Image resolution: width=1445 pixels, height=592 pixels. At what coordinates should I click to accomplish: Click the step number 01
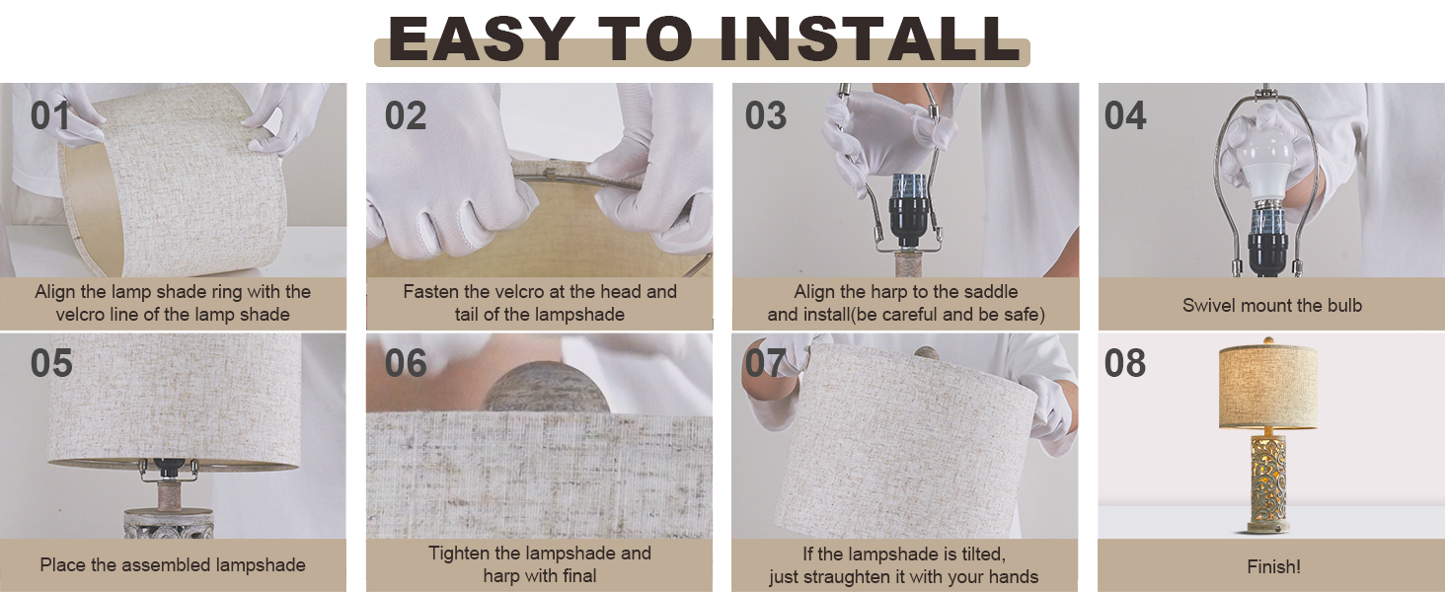pos(51,115)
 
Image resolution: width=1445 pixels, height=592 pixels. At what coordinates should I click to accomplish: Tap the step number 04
pos(1125,115)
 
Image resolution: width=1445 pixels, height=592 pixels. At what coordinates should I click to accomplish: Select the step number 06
pos(406,363)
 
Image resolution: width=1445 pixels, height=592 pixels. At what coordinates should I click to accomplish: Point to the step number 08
pos(1125,363)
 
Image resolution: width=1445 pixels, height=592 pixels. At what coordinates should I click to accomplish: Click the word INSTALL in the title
pos(870,40)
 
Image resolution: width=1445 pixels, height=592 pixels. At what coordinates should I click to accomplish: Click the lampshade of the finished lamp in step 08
pos(1268,389)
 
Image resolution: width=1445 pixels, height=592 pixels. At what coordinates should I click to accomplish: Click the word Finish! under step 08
pos(1273,566)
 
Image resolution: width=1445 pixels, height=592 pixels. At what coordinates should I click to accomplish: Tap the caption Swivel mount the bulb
pos(1271,305)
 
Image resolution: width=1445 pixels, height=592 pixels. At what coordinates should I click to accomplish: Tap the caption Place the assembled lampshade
pos(173,565)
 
